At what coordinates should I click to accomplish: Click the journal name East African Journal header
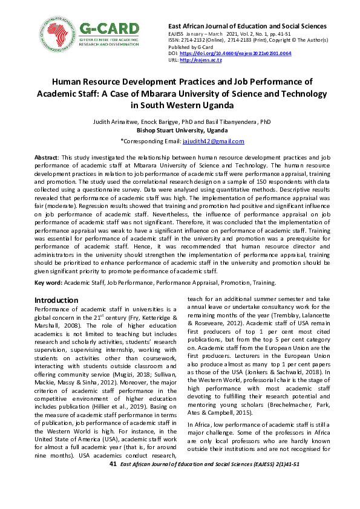click(246, 27)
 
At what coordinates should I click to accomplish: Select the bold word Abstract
click(45, 157)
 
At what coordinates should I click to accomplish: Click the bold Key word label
click(48, 282)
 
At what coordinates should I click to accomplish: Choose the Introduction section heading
click(56, 300)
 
